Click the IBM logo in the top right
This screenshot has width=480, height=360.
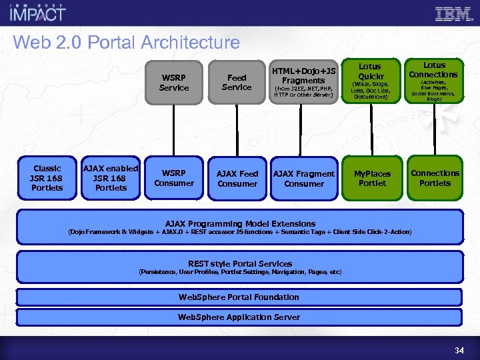pyautogui.click(x=453, y=14)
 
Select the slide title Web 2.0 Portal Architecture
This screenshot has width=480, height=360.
pyautogui.click(x=126, y=43)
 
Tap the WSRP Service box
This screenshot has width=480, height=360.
pyautogui.click(x=174, y=83)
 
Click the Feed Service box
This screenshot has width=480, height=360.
pyautogui.click(x=237, y=83)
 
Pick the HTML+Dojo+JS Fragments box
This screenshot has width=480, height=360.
pyautogui.click(x=303, y=83)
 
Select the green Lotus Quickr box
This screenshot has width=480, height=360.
pyautogui.click(x=370, y=82)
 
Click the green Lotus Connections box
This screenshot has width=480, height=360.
pyautogui.click(x=433, y=82)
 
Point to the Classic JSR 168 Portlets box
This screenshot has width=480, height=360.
pyautogui.click(x=47, y=178)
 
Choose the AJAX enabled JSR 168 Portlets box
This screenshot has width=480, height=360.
pyautogui.click(x=111, y=178)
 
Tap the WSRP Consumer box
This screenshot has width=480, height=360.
pyautogui.click(x=174, y=178)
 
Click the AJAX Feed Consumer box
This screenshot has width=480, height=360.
pyautogui.click(x=237, y=178)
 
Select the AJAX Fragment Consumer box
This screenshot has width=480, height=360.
pyautogui.click(x=304, y=178)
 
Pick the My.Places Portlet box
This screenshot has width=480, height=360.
pyautogui.click(x=372, y=178)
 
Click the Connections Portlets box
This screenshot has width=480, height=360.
pyautogui.click(x=435, y=178)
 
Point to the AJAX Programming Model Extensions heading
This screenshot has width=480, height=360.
pyautogui.click(x=240, y=223)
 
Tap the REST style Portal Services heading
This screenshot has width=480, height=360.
pyautogui.click(x=240, y=263)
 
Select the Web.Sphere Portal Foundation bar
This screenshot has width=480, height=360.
pyautogui.click(x=239, y=297)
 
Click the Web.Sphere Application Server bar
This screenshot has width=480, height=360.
pyautogui.click(x=239, y=317)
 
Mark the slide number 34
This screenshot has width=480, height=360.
pyautogui.click(x=459, y=350)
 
